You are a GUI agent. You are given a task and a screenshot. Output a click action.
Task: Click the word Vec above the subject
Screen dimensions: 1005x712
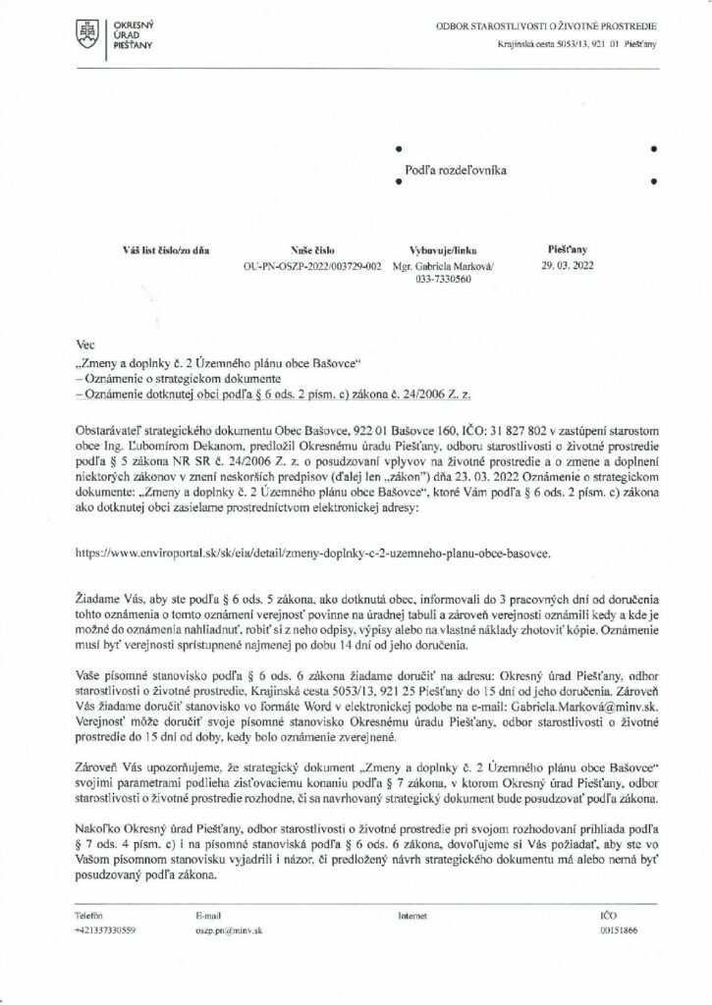tap(85, 346)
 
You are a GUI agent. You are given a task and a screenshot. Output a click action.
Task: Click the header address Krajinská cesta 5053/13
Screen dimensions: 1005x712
tap(546, 46)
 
